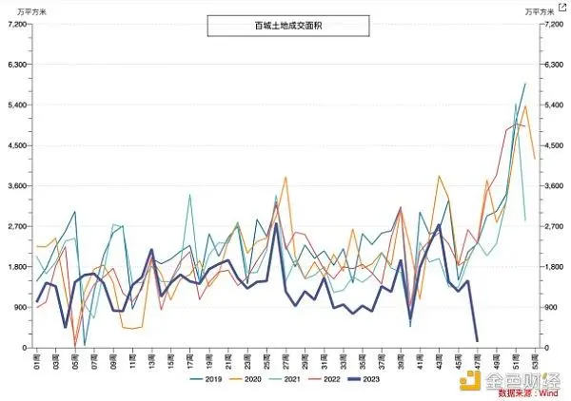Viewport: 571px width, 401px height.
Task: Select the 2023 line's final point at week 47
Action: coord(477,340)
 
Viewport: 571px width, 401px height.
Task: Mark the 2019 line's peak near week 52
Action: coord(524,84)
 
